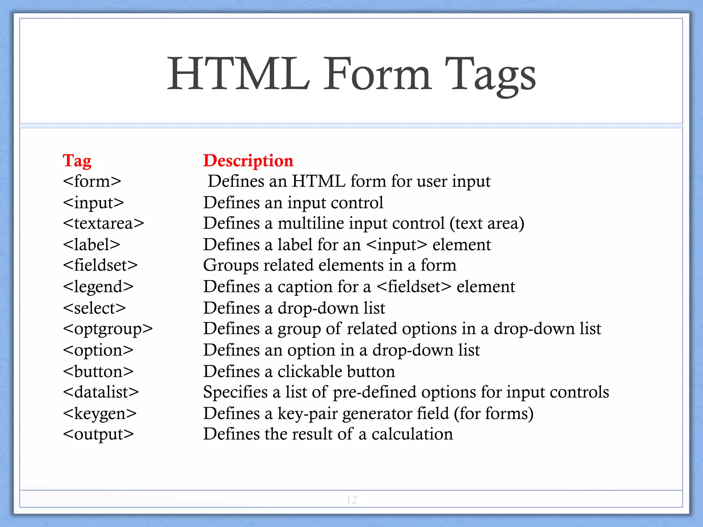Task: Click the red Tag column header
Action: tap(77, 161)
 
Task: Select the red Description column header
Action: tap(248, 161)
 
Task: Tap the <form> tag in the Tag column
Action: tap(92, 181)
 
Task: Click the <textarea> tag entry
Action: tap(103, 223)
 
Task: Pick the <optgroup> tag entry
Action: tap(108, 329)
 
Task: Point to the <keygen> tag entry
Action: tap(100, 413)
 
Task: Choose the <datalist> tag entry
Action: tap(101, 392)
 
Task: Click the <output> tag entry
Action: tap(99, 434)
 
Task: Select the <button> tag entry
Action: tap(98, 372)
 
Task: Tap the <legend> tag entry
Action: tap(98, 287)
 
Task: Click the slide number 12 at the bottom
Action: tap(352, 500)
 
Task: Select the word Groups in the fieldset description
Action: tap(231, 266)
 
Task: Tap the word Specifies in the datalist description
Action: tap(235, 392)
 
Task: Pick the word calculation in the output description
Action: tap(412, 434)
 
